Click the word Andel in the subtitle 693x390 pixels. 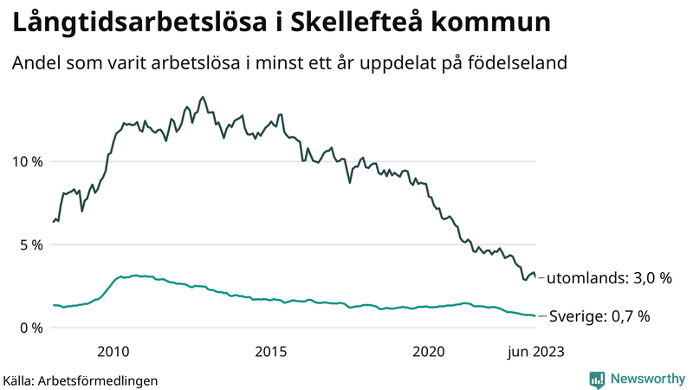tap(36, 63)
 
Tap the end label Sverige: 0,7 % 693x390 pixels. tap(600, 316)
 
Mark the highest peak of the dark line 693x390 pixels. tap(203, 97)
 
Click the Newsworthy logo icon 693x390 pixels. tap(597, 379)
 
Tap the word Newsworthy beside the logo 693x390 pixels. tap(647, 379)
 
